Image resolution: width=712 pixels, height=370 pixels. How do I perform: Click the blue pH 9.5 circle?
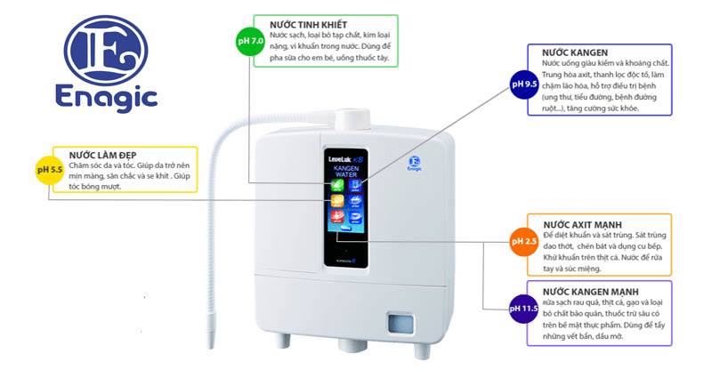pos(523,84)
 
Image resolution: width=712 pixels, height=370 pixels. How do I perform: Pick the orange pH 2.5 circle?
pos(522,241)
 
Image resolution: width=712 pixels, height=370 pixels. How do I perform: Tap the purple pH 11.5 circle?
pos(523,309)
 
